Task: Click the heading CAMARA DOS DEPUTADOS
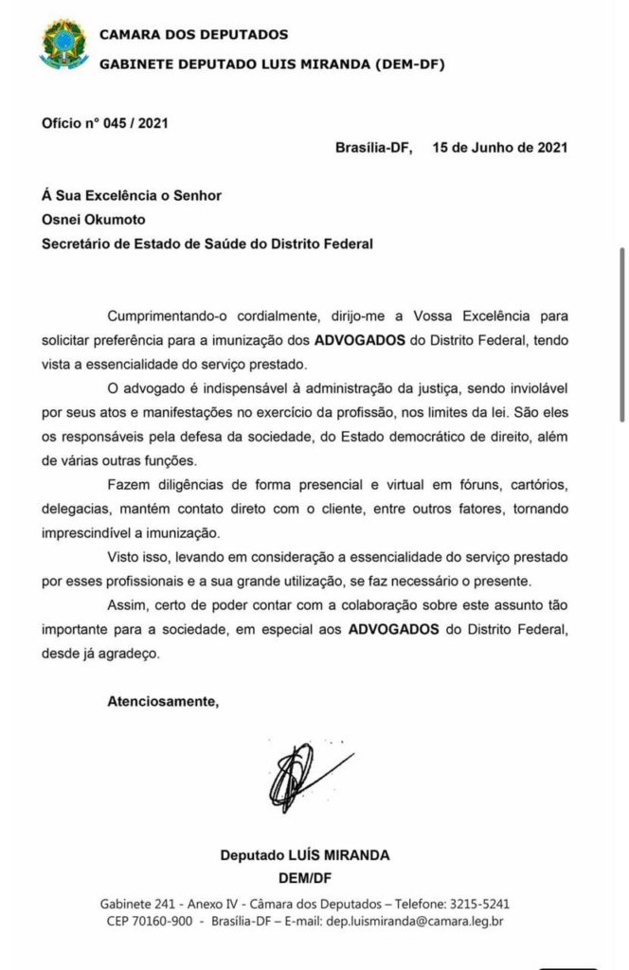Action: click(x=193, y=35)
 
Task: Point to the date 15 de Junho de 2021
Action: click(x=500, y=148)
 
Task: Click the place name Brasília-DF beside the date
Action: click(x=373, y=148)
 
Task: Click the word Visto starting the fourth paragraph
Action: click(x=126, y=558)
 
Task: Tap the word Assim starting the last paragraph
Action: click(x=128, y=606)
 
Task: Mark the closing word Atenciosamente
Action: click(x=162, y=702)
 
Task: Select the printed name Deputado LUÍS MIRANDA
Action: click(x=304, y=854)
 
